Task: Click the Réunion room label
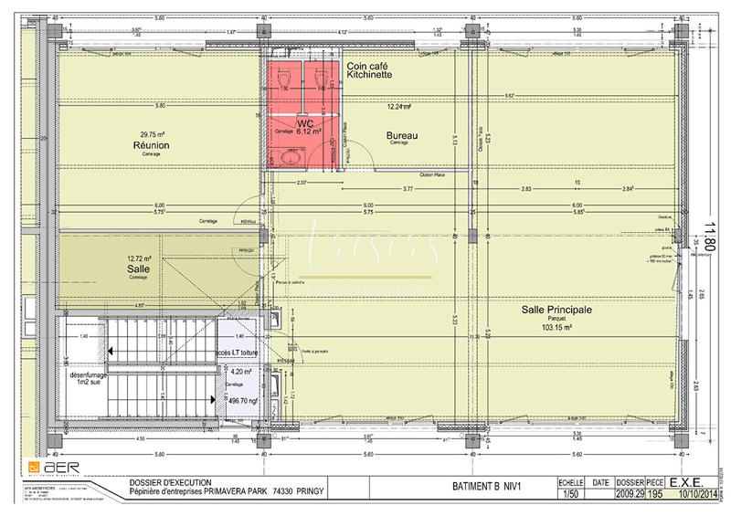click(x=151, y=144)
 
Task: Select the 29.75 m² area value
click(x=151, y=132)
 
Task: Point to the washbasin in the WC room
click(x=295, y=156)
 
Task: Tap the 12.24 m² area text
click(x=400, y=107)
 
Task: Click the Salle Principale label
click(x=556, y=310)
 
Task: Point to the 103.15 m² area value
click(x=557, y=327)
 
